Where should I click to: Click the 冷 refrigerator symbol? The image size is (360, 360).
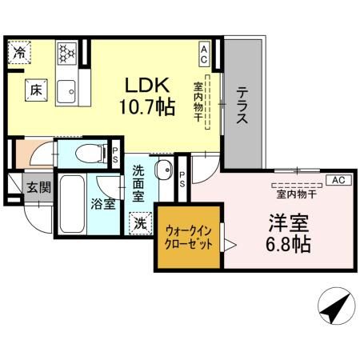(x=19, y=53)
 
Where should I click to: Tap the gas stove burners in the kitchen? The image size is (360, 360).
(x=66, y=53)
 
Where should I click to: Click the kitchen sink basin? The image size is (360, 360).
(x=66, y=90)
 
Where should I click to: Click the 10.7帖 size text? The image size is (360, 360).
(x=147, y=107)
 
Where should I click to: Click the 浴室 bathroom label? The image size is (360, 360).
(x=102, y=203)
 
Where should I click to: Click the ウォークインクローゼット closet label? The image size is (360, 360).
(x=189, y=238)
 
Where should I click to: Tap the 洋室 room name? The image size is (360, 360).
(x=287, y=221)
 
